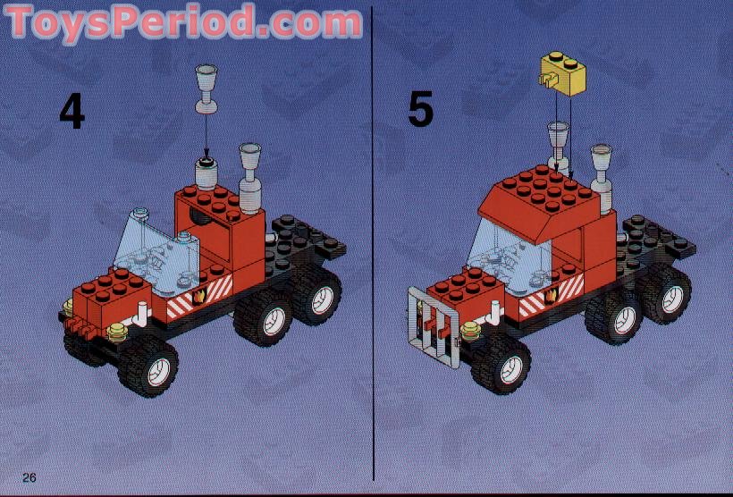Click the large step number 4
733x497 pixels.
pos(72,110)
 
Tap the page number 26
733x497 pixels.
pos(29,477)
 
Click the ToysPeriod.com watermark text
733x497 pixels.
pos(183,22)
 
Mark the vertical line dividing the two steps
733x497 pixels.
pos(373,250)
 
